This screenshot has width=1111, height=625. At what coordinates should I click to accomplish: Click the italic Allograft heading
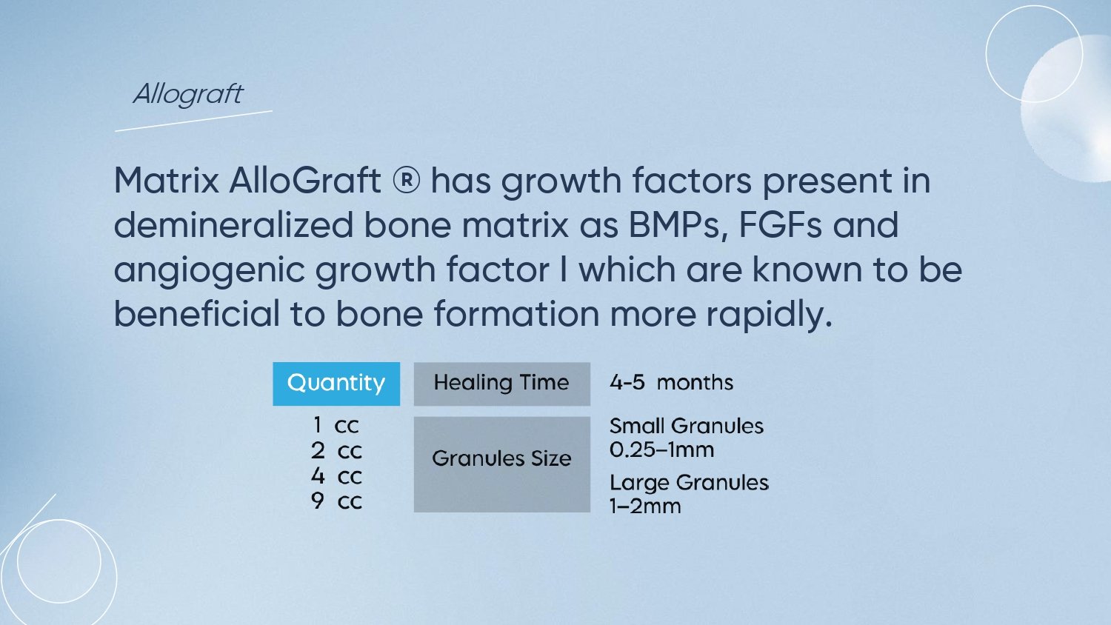click(x=188, y=94)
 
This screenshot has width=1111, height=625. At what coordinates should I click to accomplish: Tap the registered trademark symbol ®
click(x=406, y=180)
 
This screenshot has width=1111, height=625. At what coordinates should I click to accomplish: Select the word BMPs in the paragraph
click(x=678, y=225)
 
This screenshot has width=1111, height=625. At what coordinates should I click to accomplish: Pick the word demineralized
click(x=233, y=224)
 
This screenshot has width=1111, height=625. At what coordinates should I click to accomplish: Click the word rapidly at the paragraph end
click(x=769, y=315)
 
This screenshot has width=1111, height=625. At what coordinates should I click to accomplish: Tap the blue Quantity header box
click(x=336, y=384)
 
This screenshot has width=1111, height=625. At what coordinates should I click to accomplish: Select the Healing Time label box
click(x=502, y=384)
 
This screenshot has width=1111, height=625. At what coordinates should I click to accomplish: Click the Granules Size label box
click(x=502, y=464)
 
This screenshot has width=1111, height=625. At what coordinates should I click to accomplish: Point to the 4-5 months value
click(x=671, y=382)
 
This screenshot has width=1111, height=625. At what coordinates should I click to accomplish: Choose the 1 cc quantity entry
click(x=336, y=425)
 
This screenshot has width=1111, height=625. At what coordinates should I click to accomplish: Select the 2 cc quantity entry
click(x=336, y=451)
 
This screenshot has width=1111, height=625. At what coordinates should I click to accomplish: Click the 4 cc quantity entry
click(x=336, y=476)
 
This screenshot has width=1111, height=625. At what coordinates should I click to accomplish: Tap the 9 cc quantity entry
click(x=336, y=501)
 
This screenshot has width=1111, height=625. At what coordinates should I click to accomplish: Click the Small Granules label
click(x=687, y=426)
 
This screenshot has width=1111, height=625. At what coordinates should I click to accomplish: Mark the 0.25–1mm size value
click(x=661, y=450)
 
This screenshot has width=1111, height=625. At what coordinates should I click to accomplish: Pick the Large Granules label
click(x=689, y=483)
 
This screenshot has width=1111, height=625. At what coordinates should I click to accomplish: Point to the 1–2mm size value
click(x=645, y=507)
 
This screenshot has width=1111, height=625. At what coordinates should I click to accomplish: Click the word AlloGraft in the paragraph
click(x=305, y=180)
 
